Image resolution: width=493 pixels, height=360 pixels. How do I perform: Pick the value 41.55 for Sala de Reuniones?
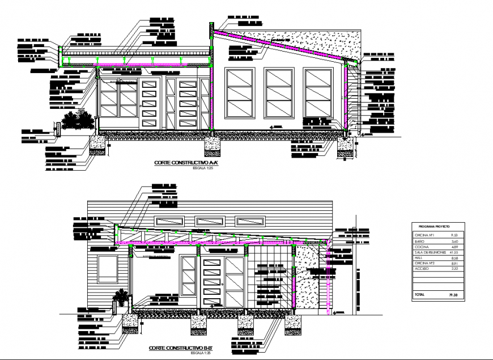tap(453, 251)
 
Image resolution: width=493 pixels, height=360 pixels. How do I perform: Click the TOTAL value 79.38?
tap(452, 295)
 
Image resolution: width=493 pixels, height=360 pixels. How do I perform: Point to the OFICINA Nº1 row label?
tap(422, 234)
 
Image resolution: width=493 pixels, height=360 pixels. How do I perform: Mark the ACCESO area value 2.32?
tap(453, 268)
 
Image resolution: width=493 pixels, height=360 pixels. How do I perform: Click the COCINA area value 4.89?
tap(453, 245)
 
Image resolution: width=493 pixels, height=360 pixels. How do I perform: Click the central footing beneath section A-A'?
tap(211, 146)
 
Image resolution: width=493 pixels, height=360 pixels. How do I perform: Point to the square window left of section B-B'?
tap(108, 268)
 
